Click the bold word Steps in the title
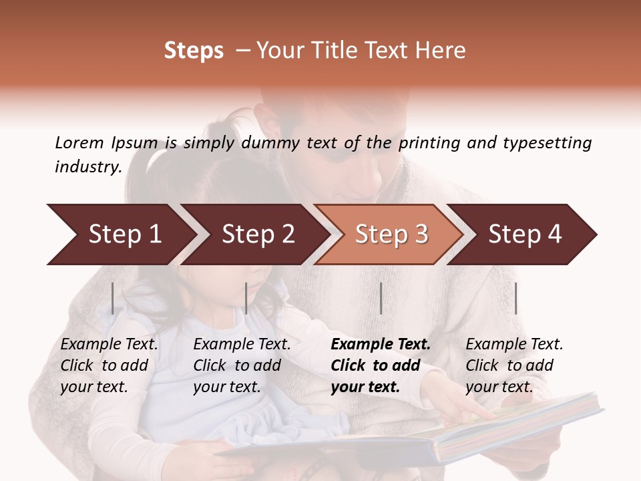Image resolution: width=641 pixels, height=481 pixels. [194, 51]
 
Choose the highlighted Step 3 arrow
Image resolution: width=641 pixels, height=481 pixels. [391, 234]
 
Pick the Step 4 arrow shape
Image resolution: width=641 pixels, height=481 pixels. [525, 234]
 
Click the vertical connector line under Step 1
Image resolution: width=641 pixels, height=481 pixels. [113, 298]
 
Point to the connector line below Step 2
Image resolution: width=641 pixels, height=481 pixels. [246, 298]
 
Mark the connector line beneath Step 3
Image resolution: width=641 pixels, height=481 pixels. [381, 298]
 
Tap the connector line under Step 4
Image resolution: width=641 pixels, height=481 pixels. [515, 298]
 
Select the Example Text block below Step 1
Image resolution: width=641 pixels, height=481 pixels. [109, 365]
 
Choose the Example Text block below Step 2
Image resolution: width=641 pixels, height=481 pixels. [242, 365]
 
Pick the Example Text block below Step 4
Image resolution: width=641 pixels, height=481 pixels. [514, 365]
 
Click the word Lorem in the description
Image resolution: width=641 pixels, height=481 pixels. [79, 142]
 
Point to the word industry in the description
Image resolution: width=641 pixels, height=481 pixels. [87, 166]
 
